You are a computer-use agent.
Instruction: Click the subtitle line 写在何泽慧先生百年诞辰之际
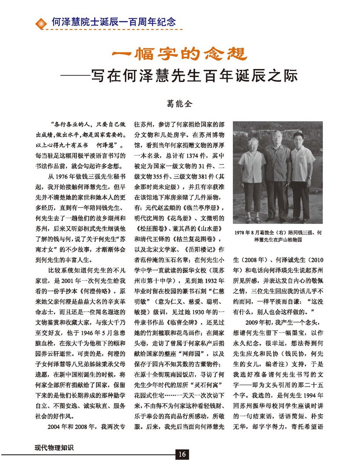(200, 76)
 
